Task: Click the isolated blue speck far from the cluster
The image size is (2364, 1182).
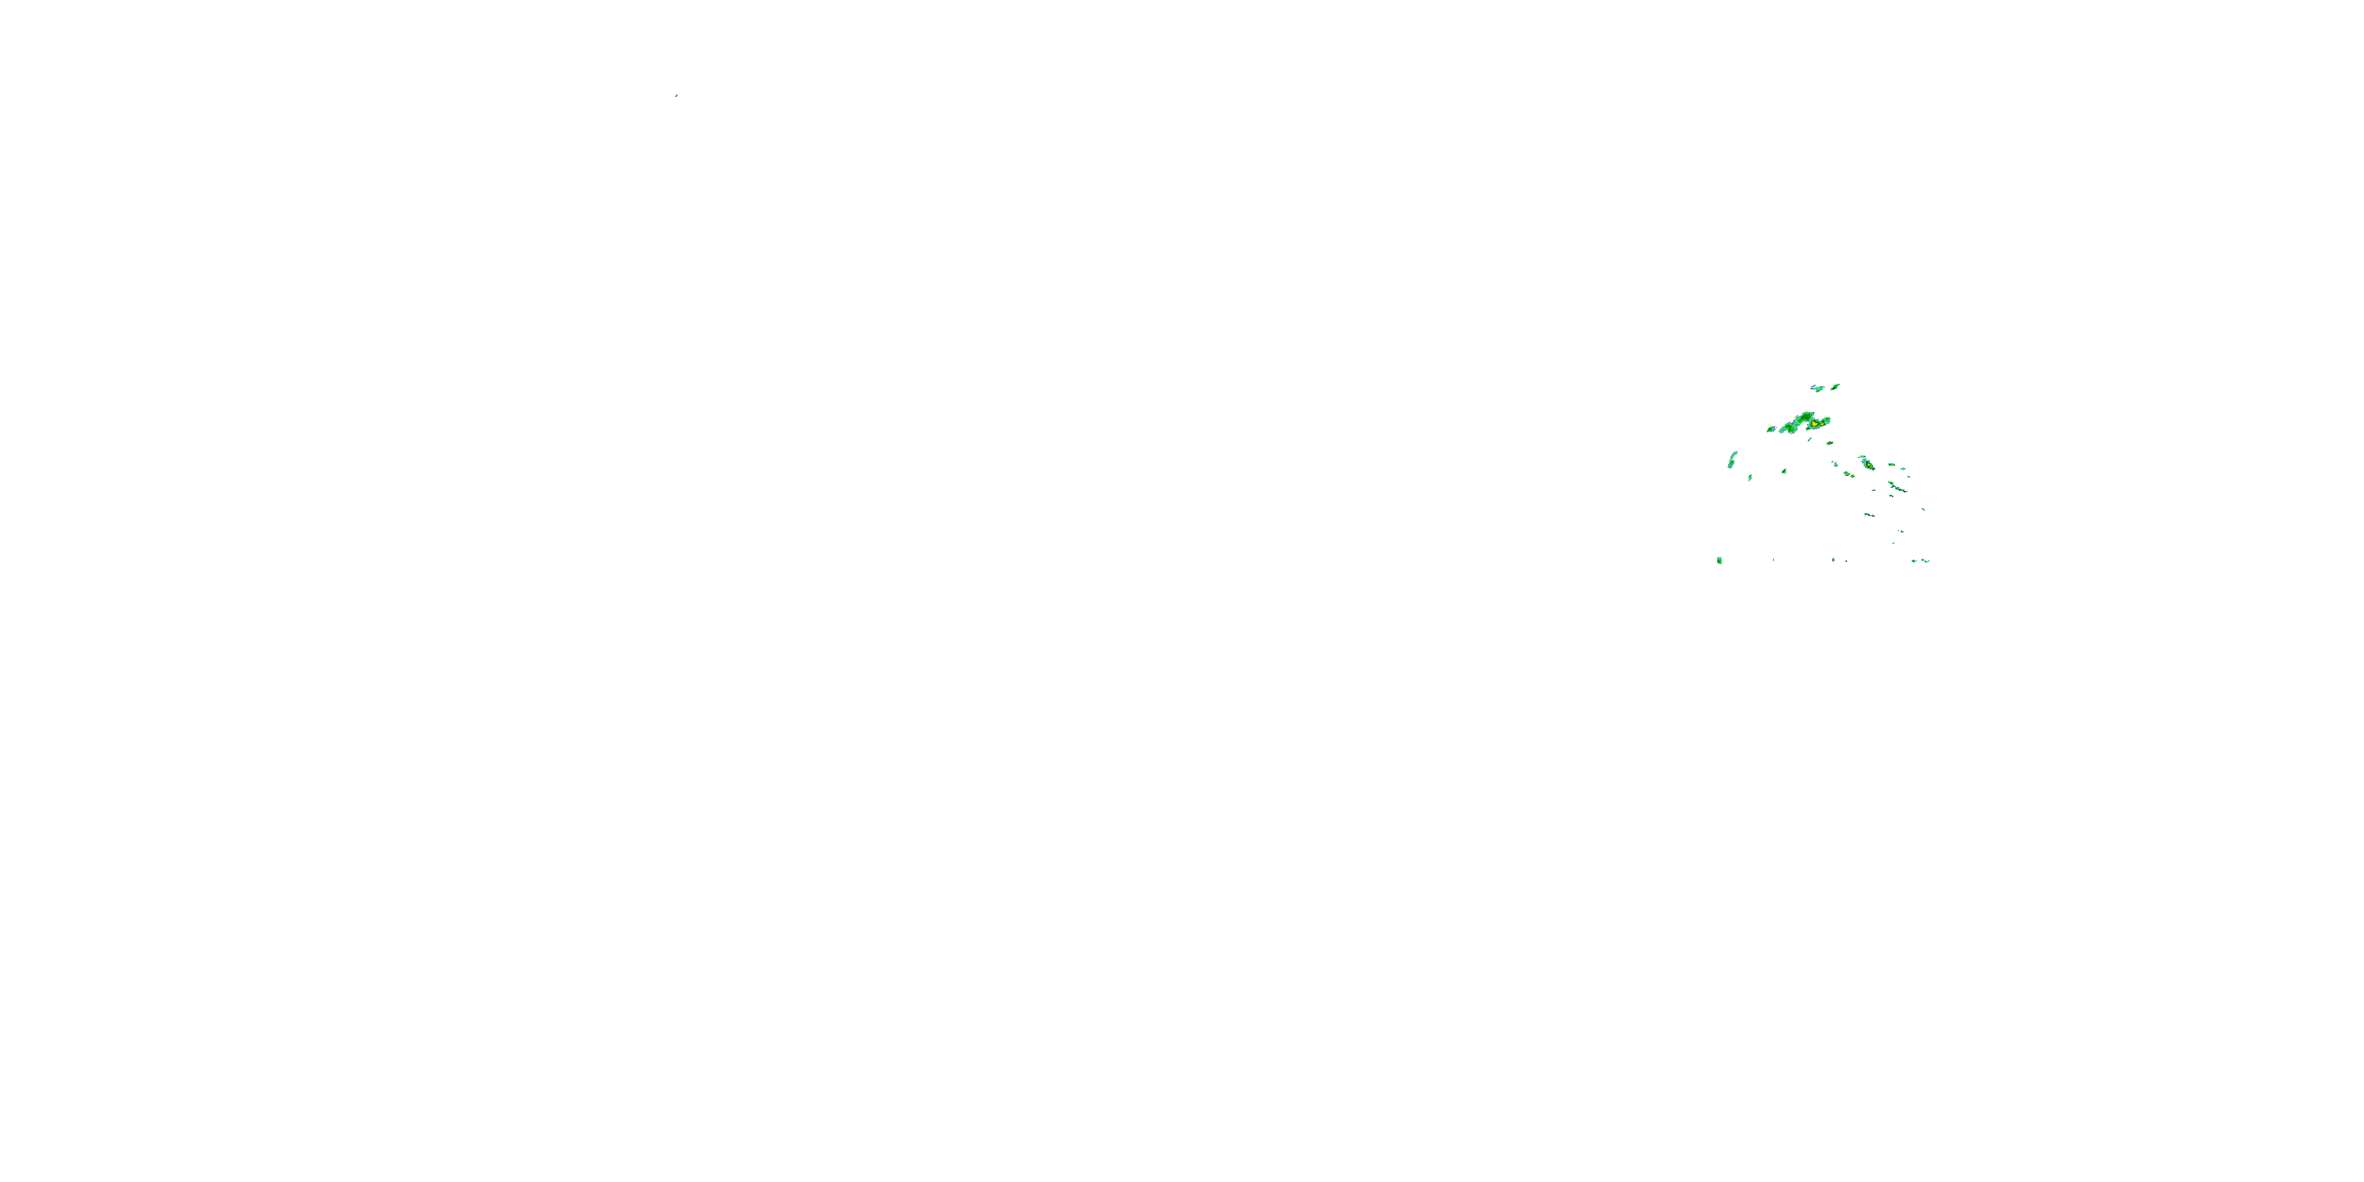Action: [676, 95]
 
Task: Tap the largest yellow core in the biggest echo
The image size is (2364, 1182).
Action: [1814, 424]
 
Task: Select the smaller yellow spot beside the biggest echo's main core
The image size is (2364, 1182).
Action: [1823, 425]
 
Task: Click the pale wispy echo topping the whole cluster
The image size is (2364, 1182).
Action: [1817, 389]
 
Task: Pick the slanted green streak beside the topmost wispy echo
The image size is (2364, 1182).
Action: [1835, 387]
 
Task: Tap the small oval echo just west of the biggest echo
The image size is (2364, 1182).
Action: [1771, 429]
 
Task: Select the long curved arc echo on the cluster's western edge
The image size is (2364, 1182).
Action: [1732, 459]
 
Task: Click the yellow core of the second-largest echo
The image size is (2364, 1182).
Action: [1869, 464]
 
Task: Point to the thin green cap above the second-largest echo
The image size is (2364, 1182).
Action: [1862, 457]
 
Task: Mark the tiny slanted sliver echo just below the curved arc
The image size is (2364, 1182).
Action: [1750, 478]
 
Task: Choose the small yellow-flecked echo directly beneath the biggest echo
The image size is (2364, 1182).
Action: [1830, 443]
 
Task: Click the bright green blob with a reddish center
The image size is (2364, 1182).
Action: [1719, 561]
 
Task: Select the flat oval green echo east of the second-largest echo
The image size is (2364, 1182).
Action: [1892, 465]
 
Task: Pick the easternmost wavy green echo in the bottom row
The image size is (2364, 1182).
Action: [1926, 561]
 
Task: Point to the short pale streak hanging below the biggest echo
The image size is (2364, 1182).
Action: [1810, 440]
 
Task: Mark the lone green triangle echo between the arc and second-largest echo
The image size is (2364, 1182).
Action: [1784, 472]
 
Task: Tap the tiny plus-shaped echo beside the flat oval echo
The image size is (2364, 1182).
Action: [1903, 469]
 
